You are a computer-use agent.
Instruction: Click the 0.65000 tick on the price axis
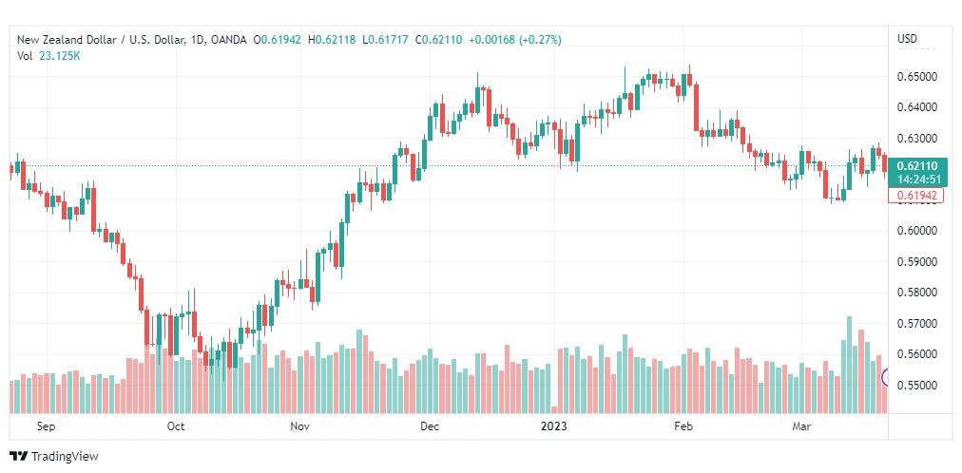point(917,77)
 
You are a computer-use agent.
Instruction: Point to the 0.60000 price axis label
point(917,231)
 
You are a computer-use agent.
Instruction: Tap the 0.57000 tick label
point(917,323)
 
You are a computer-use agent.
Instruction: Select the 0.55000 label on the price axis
point(917,385)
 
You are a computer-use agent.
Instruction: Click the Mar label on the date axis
point(801,426)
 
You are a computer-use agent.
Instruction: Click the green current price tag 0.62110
point(916,166)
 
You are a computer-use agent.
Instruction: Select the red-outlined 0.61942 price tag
point(916,196)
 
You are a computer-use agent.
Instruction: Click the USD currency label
point(908,39)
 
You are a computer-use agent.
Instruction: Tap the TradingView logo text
point(65,457)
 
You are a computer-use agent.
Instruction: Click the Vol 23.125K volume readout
point(49,56)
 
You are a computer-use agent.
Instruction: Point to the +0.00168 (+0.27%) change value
point(514,40)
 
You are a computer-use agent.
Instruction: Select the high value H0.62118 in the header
point(332,40)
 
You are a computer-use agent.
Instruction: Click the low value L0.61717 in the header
point(386,40)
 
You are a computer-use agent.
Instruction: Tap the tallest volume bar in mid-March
point(849,365)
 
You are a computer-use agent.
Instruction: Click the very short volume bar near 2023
point(554,410)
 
